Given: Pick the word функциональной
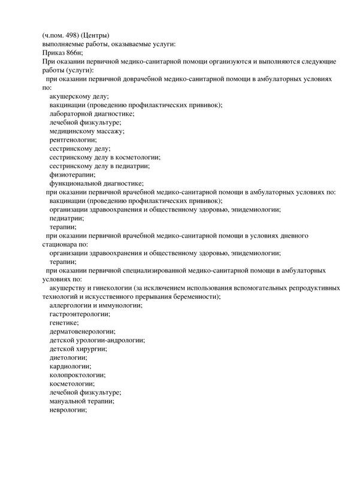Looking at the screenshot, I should (75, 183).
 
